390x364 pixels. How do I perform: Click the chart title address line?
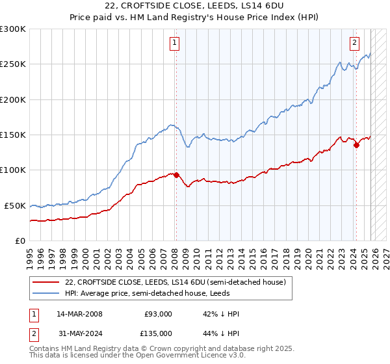tap(195, 6)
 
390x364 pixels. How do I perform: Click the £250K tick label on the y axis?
tap(13, 64)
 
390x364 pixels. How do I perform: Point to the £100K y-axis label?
tap(13, 170)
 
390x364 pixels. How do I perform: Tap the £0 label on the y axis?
tap(19, 240)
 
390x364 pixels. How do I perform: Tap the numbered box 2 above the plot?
tap(354, 44)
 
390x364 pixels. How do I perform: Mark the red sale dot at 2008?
tap(176, 175)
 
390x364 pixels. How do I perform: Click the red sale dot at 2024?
tap(356, 146)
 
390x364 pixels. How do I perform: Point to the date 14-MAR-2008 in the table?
tap(79, 314)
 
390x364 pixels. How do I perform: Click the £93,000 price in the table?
tap(159, 314)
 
